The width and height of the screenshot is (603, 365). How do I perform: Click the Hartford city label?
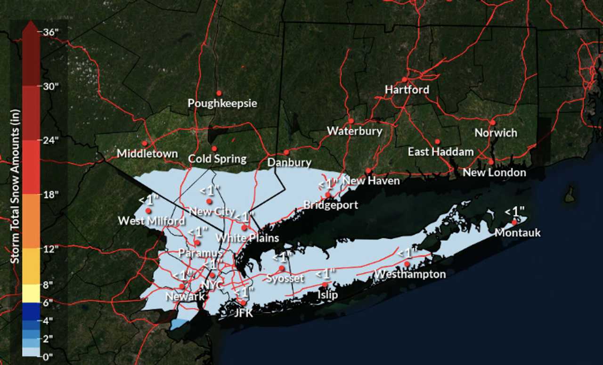[x=407, y=89]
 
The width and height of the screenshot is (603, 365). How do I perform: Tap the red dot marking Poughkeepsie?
[x=219, y=93]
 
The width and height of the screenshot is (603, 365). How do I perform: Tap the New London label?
[x=494, y=172]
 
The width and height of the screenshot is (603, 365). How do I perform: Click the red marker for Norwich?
[x=493, y=122]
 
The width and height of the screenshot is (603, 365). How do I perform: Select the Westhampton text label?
[x=410, y=274]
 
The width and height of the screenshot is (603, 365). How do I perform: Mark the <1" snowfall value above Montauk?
[x=514, y=211]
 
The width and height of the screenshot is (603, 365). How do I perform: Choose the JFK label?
[x=244, y=313]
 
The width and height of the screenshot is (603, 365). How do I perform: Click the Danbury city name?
[x=289, y=163]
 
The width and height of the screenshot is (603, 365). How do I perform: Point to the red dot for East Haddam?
[x=437, y=141]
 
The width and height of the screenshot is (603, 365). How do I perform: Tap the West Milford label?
[x=151, y=220]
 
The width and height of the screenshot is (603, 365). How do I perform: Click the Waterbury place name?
[x=354, y=131]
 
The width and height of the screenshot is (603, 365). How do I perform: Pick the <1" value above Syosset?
[x=282, y=258]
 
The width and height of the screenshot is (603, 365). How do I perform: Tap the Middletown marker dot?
[x=145, y=143]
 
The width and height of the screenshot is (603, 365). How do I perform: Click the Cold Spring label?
[x=217, y=159]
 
